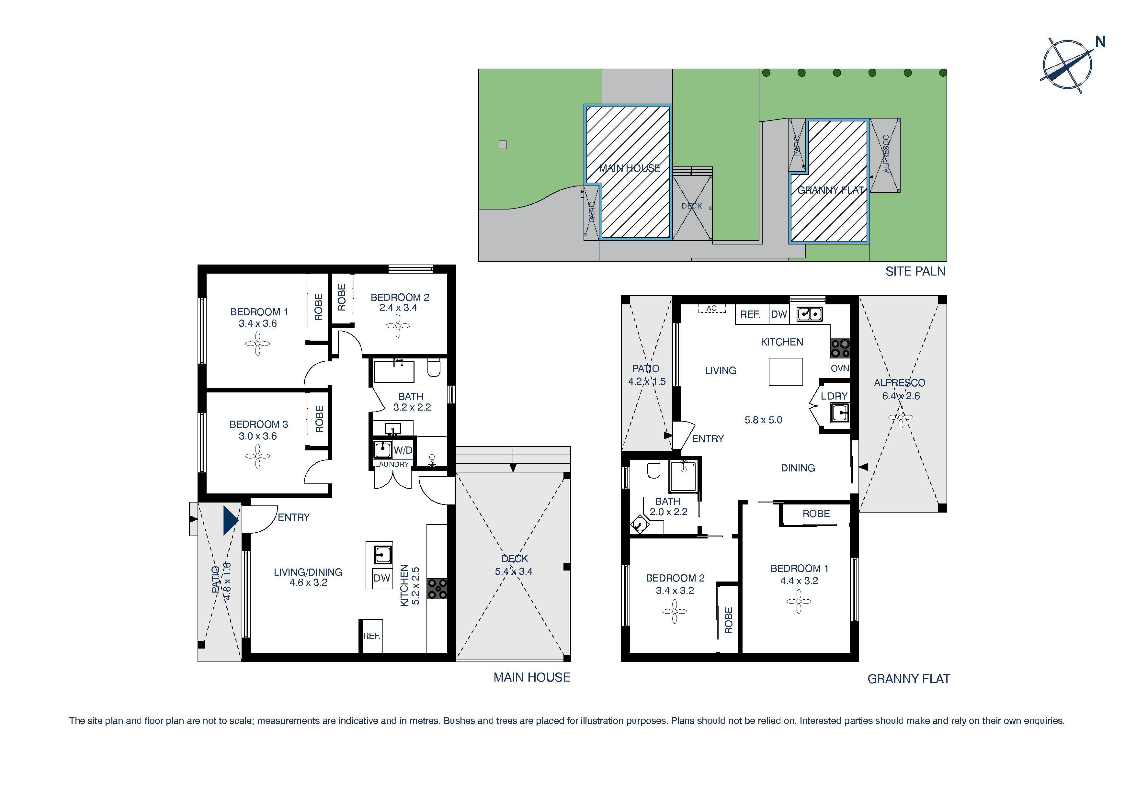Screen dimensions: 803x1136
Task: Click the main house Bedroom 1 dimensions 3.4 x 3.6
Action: (x=258, y=323)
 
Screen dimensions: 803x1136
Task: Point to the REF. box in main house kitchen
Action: (x=371, y=636)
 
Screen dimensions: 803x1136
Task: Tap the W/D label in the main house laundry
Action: (x=403, y=450)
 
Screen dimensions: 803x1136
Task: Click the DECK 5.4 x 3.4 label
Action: (x=514, y=565)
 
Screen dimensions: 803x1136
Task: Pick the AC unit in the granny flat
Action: (x=711, y=308)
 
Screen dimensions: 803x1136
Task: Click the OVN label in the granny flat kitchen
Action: (x=840, y=368)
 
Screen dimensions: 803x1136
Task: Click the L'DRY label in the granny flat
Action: (x=834, y=396)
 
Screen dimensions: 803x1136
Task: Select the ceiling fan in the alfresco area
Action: (x=901, y=417)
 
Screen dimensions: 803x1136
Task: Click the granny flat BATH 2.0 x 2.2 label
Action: (x=668, y=507)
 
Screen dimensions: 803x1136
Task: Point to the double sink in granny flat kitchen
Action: (x=810, y=314)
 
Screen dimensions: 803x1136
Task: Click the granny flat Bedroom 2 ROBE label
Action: (x=728, y=620)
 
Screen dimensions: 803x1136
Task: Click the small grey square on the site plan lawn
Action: (x=503, y=145)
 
